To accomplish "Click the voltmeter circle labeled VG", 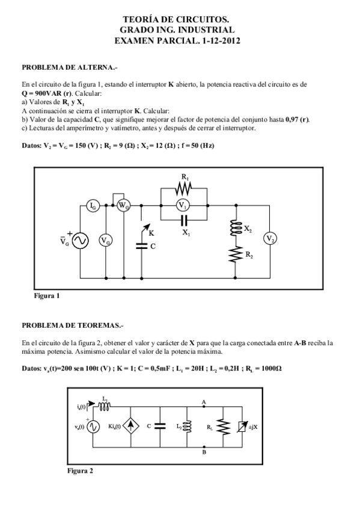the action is point(105,241).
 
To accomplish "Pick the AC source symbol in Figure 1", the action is point(80,241).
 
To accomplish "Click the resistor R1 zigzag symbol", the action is point(183,189).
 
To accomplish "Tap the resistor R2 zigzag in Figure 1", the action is point(234,255).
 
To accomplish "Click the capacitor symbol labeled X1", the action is point(183,220).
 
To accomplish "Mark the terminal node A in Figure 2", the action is point(204,407).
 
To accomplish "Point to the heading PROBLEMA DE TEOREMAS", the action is point(72,325).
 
